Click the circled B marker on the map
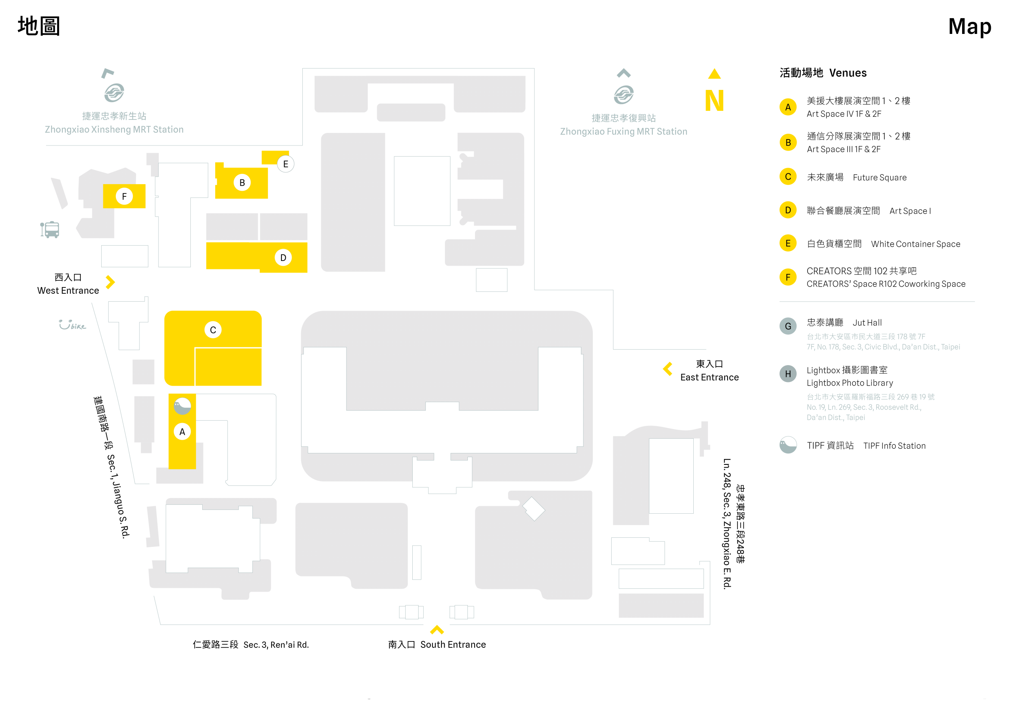click(x=242, y=183)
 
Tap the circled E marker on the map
click(x=285, y=164)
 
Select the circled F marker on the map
click(x=124, y=196)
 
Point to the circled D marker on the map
click(x=283, y=257)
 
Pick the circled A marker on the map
click(x=182, y=432)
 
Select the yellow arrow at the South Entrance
click(x=437, y=630)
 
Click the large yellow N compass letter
click(x=714, y=100)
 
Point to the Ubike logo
click(x=72, y=325)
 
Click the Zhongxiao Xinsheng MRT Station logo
click(x=114, y=93)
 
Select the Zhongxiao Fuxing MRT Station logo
click(x=624, y=95)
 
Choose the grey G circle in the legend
click(x=788, y=326)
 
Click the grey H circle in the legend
click(x=788, y=374)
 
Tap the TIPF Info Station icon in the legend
click(x=788, y=445)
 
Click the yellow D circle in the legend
click(x=788, y=210)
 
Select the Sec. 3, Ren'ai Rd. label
click(x=251, y=645)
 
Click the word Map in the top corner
click(x=969, y=26)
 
